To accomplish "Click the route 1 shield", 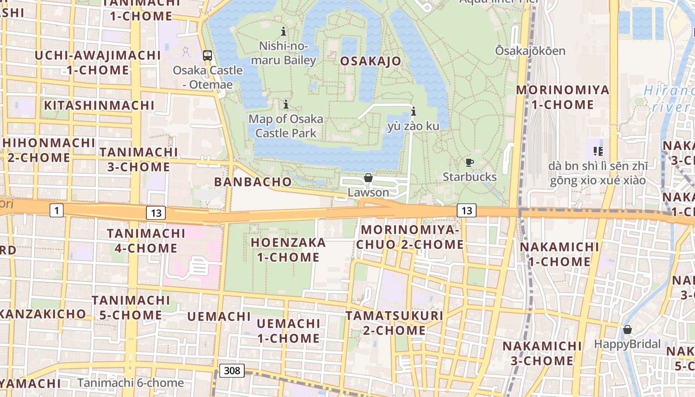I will [x=57, y=211].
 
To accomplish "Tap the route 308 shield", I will [x=232, y=370].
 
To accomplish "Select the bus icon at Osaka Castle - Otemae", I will [x=208, y=56].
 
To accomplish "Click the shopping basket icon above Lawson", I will [x=368, y=178].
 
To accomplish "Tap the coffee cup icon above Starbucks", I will [x=469, y=162].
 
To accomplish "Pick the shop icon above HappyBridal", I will [x=627, y=330].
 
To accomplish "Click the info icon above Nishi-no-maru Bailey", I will [x=283, y=32].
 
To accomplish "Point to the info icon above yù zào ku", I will [x=413, y=111].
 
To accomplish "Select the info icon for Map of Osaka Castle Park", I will [x=286, y=105].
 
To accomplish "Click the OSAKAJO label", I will [x=371, y=61].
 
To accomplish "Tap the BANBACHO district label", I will [x=253, y=182].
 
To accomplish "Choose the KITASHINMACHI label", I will [x=99, y=105].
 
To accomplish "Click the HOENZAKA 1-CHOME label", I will [x=288, y=250].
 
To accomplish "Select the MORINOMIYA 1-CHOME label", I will [x=562, y=97].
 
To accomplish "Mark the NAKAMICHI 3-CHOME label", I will [x=542, y=353].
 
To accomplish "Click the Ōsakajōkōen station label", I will [x=530, y=51].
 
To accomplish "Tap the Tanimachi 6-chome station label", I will [x=131, y=383].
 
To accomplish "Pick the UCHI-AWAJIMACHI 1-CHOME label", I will [x=97, y=62].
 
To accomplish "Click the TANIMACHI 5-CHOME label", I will [x=131, y=307].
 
